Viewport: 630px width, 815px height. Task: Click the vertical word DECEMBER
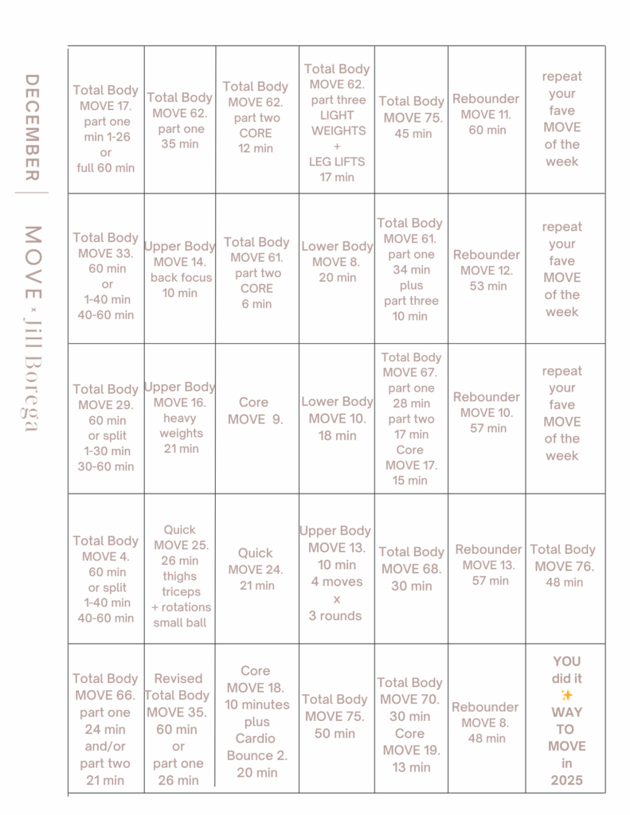32,127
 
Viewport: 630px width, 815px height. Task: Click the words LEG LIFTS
337,162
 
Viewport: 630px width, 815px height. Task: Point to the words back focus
181,278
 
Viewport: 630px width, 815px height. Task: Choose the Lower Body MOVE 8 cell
337,262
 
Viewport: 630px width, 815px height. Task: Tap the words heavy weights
181,426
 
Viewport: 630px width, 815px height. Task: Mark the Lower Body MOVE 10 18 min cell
337,418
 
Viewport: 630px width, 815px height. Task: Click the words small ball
180,622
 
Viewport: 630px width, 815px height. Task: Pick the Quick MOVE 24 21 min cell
255,569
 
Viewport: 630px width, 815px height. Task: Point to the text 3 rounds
335,615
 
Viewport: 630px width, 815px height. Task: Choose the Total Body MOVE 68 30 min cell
411,568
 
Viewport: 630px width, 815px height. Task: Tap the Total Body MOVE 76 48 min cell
562,566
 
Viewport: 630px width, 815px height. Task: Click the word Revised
178,679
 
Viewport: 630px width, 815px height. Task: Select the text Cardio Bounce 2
257,747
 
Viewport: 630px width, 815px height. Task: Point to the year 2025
566,780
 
